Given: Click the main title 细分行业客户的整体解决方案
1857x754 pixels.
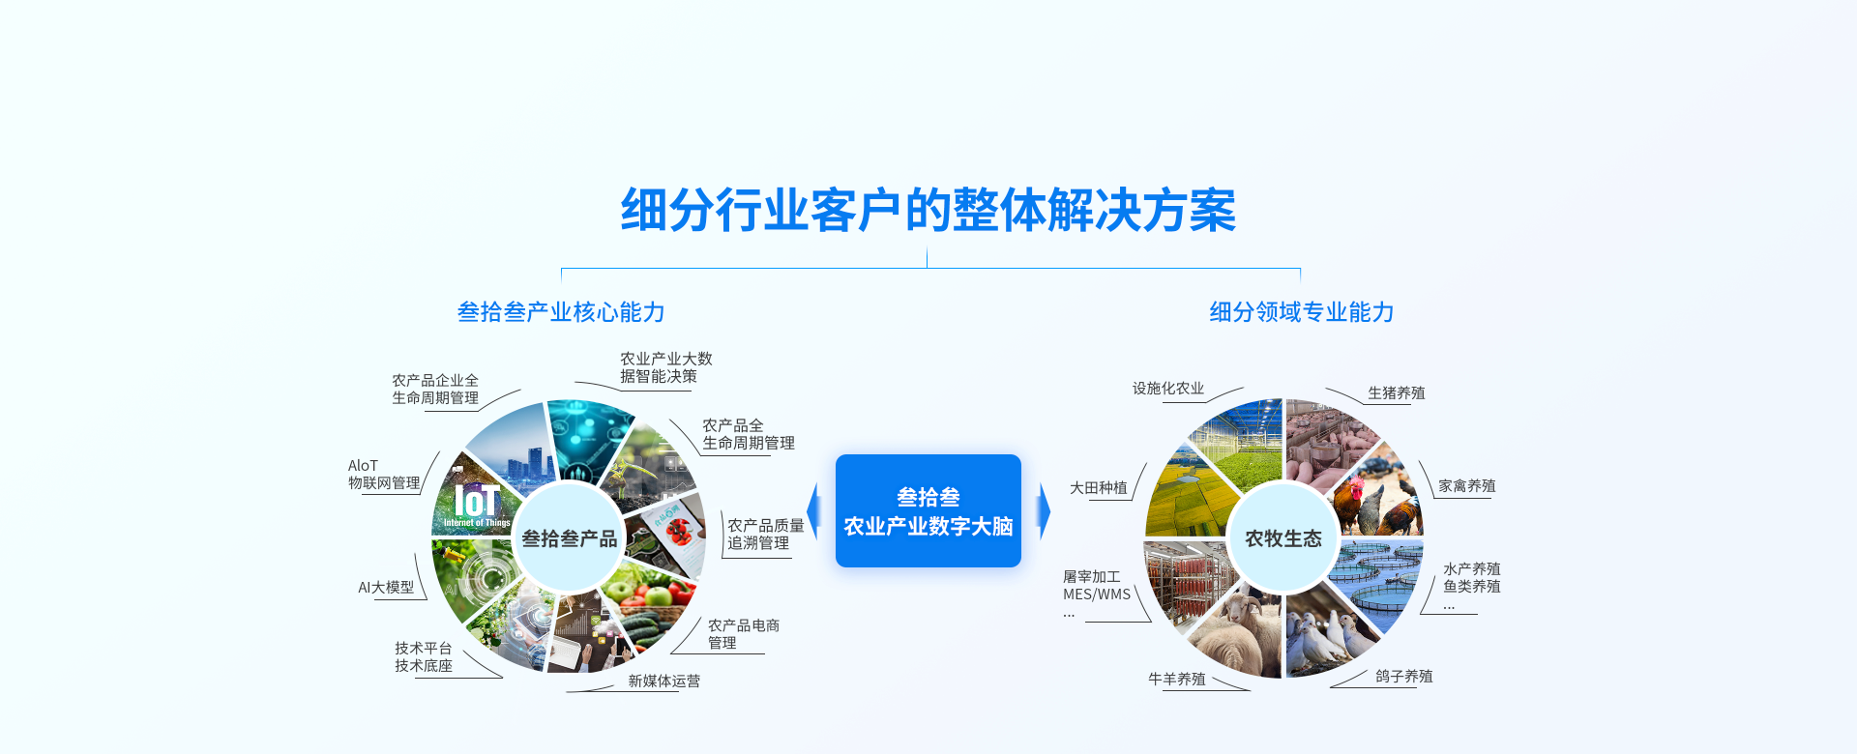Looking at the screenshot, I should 928,210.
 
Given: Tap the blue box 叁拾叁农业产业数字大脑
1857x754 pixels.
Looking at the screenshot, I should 928,511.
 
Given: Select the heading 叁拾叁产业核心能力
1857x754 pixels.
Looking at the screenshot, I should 561,312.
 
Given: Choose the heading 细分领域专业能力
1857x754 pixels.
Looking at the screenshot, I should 1301,312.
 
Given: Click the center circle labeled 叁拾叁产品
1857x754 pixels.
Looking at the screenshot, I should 569,538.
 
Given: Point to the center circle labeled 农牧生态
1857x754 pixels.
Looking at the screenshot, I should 1282,538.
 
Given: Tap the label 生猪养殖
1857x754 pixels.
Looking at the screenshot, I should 1396,393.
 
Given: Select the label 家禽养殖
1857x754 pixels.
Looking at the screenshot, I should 1466,486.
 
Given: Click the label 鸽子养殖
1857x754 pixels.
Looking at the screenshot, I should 1403,677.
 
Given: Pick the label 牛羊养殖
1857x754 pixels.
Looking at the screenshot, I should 1176,680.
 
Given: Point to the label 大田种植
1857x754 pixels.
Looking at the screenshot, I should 1098,488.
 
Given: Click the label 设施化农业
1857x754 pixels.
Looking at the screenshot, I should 1168,389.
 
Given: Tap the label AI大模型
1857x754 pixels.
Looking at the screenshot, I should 386,588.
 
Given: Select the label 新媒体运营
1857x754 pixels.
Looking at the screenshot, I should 663,681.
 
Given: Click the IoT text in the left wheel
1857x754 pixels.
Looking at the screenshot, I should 477,502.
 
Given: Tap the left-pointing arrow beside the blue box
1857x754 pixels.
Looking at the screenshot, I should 814,510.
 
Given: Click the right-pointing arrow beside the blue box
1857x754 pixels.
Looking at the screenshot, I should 1043,510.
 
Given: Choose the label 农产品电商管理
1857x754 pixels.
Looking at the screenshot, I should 743,634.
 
